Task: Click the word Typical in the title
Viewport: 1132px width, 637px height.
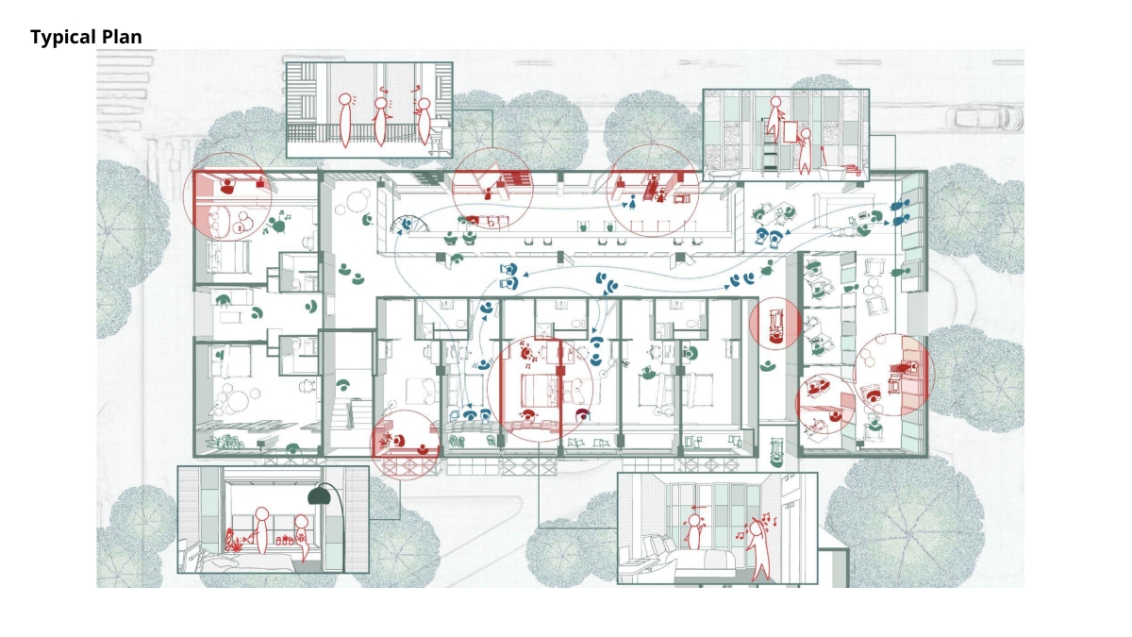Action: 63,37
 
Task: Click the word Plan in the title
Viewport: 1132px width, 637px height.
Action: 122,37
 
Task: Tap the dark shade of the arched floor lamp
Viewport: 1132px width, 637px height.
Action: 319,496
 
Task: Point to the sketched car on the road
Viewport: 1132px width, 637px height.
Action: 985,118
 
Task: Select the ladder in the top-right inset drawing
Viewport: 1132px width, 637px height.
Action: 771,146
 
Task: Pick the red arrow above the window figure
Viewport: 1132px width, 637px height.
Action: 698,507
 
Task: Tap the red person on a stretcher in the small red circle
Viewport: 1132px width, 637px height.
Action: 774,325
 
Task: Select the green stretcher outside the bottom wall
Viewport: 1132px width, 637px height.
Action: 776,452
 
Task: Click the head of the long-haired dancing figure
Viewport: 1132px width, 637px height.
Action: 756,528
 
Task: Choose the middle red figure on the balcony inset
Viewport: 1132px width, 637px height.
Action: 380,122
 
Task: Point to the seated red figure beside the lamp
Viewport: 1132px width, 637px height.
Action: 302,537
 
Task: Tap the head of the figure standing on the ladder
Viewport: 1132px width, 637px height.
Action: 775,102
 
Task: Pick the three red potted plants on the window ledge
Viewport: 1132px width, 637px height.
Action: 285,541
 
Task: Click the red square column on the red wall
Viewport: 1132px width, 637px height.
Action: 560,371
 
